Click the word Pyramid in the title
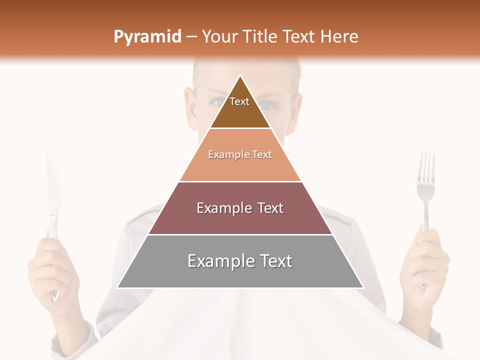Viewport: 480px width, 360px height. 147,37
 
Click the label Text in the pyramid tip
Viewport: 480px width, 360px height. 239,101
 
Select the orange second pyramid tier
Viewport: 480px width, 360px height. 240,167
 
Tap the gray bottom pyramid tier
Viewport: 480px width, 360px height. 240,275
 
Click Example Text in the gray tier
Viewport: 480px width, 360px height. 240,261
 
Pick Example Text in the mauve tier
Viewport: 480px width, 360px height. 240,208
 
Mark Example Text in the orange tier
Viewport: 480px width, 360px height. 240,154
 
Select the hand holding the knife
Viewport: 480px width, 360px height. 52,270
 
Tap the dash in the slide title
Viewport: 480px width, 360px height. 191,37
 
